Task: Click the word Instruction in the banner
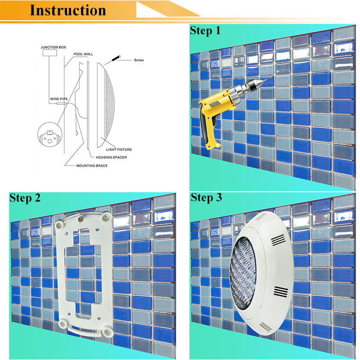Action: [x=68, y=10]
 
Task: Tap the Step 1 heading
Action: [x=205, y=31]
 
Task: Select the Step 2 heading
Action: [x=25, y=198]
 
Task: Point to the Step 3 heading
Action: [x=207, y=198]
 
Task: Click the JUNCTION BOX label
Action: [x=53, y=47]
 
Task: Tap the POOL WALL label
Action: [x=83, y=54]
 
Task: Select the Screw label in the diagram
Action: [x=139, y=60]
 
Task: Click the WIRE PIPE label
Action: [x=59, y=99]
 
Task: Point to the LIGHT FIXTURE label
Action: [x=119, y=149]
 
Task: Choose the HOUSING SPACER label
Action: [x=111, y=157]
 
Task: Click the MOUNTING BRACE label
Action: [x=92, y=166]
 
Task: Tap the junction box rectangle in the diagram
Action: [x=50, y=53]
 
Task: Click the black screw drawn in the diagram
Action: [x=116, y=58]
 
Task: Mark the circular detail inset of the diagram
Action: [x=50, y=135]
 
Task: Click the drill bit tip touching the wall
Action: [x=273, y=77]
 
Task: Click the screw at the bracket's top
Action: [x=81, y=220]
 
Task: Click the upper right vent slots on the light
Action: [x=278, y=240]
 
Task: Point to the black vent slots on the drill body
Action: [x=215, y=104]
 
